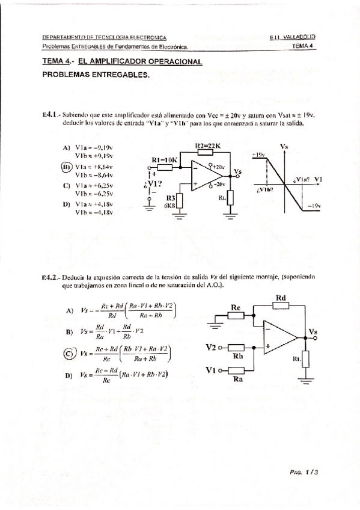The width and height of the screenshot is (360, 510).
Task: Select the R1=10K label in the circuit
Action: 164,160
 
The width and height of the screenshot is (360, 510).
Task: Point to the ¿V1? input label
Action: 153,183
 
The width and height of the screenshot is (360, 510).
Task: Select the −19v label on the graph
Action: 314,206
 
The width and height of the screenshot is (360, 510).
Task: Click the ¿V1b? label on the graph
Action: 265,189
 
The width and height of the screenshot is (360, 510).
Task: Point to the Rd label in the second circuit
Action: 280,298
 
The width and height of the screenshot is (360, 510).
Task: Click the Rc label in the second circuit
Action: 236,309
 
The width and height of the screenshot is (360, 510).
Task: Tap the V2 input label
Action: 210,347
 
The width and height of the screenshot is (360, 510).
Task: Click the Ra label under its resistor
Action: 237,379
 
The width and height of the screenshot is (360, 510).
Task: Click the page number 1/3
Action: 310,473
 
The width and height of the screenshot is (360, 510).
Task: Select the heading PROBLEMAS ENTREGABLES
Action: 96,75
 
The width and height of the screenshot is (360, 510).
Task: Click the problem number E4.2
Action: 49,277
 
